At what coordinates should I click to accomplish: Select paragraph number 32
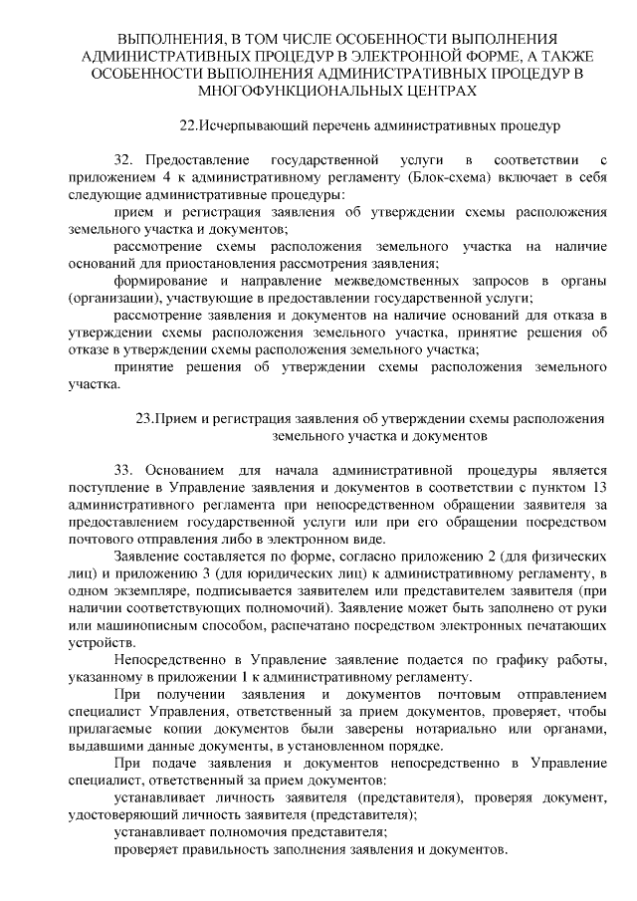[123, 159]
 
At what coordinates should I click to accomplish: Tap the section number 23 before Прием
[143, 417]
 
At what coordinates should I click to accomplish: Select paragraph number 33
[123, 468]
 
